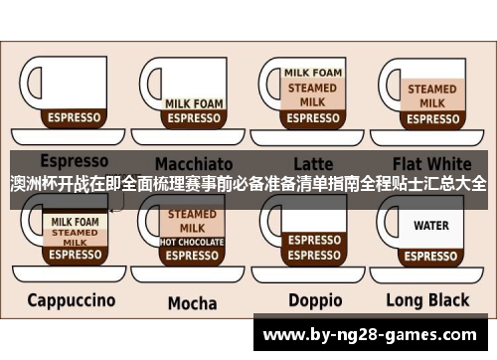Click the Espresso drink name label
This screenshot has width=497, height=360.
(x=74, y=160)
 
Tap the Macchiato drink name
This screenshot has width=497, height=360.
(x=193, y=162)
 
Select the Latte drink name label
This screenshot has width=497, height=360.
(x=313, y=162)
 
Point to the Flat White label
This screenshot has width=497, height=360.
(x=432, y=162)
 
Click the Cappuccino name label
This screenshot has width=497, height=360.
(x=71, y=299)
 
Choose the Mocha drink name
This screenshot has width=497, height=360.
(x=192, y=302)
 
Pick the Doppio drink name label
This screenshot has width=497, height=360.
(x=315, y=299)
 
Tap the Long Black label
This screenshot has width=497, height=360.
(x=427, y=299)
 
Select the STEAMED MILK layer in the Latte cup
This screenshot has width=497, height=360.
(x=313, y=94)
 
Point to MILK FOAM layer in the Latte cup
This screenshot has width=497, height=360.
(x=313, y=73)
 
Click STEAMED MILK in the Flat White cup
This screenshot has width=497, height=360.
(x=431, y=95)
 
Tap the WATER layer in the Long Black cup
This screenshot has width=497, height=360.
(x=431, y=226)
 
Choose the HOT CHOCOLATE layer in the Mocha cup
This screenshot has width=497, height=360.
(x=192, y=242)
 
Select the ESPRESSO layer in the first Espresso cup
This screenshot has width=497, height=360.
(x=75, y=117)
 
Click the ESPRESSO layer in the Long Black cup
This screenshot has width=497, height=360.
(x=431, y=255)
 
